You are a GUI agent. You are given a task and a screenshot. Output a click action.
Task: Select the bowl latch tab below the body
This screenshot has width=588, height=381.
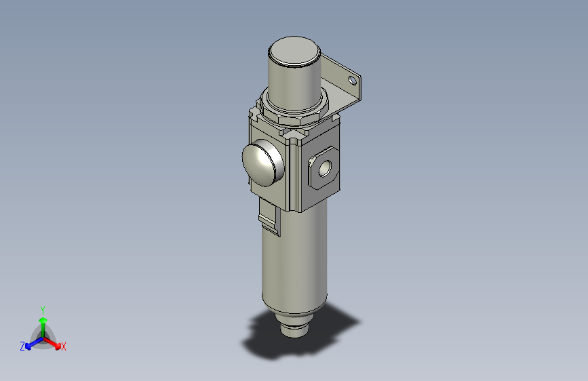point(269,221)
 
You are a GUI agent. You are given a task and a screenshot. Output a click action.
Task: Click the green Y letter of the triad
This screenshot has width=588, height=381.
point(43,309)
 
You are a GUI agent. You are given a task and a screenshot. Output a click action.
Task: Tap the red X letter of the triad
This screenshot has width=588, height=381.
point(64,346)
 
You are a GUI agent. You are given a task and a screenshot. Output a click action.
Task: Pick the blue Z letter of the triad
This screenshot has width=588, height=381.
point(22,346)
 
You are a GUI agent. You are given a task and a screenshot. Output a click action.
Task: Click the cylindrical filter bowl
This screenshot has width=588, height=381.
point(294,264)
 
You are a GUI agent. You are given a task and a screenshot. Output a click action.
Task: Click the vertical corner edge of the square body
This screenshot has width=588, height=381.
point(296,176)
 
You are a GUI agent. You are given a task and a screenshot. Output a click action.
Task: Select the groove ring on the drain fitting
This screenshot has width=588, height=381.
point(294,330)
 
